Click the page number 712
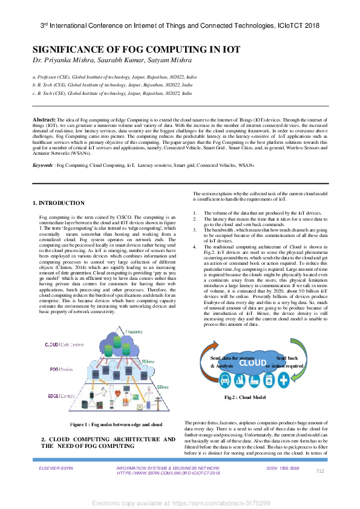click(x=320, y=471)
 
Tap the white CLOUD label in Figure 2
click(x=252, y=363)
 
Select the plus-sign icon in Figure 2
click(x=283, y=380)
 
